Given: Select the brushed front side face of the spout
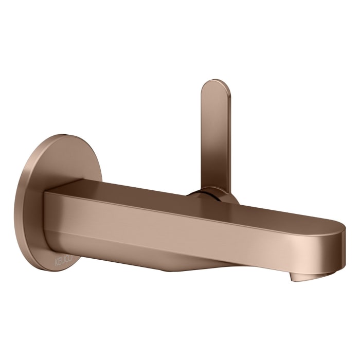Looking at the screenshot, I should pyautogui.click(x=180, y=226).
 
